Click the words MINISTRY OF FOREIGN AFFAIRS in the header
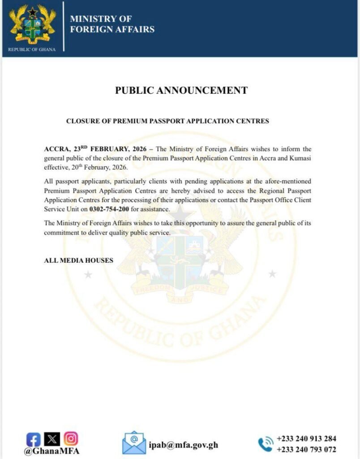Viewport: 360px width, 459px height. [x=112, y=24]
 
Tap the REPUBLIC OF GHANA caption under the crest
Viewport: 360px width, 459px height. [x=32, y=49]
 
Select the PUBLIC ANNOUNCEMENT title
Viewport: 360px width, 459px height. [x=181, y=90]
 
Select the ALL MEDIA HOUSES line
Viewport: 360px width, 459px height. [x=78, y=260]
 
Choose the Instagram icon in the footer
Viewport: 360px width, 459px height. [x=71, y=439]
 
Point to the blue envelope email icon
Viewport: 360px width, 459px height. [x=134, y=443]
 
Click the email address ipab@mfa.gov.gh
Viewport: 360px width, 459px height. [x=184, y=445]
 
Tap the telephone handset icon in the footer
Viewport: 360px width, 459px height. [x=265, y=444]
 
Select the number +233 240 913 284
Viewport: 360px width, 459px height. [x=306, y=438]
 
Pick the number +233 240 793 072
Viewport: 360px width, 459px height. [x=306, y=450]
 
